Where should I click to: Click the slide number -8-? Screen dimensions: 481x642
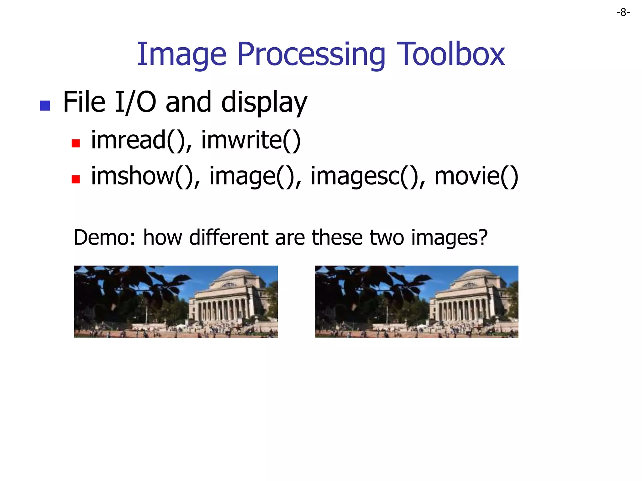pos(623,13)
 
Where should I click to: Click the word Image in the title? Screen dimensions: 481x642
pos(182,54)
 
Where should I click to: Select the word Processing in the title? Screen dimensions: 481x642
pos(311,54)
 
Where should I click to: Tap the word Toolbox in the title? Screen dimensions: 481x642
pos(450,54)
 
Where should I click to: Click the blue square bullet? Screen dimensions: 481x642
pos(45,106)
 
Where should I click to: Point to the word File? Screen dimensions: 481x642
pos(84,102)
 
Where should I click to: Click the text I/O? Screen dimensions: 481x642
pos(135,102)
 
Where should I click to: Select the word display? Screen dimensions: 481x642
pos(264,103)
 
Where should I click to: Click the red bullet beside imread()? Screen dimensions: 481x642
pos(76,143)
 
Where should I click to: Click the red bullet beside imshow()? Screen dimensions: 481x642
pos(76,179)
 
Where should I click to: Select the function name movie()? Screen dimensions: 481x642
pos(476,176)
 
